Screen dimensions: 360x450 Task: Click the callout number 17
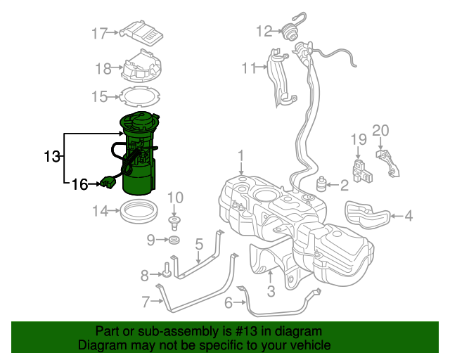pyautogui.click(x=99, y=33)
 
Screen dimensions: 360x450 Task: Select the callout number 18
pyautogui.click(x=103, y=68)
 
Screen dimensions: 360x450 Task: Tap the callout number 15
pyautogui.click(x=99, y=96)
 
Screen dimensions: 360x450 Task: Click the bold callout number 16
pyautogui.click(x=79, y=184)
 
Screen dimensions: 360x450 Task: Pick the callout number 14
pyautogui.click(x=101, y=210)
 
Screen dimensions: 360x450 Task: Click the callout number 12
pyautogui.click(x=264, y=31)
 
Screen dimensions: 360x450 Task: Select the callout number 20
pyautogui.click(x=380, y=129)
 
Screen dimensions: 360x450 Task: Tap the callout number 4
pyautogui.click(x=408, y=217)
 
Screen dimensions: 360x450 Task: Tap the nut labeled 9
pyautogui.click(x=173, y=242)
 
